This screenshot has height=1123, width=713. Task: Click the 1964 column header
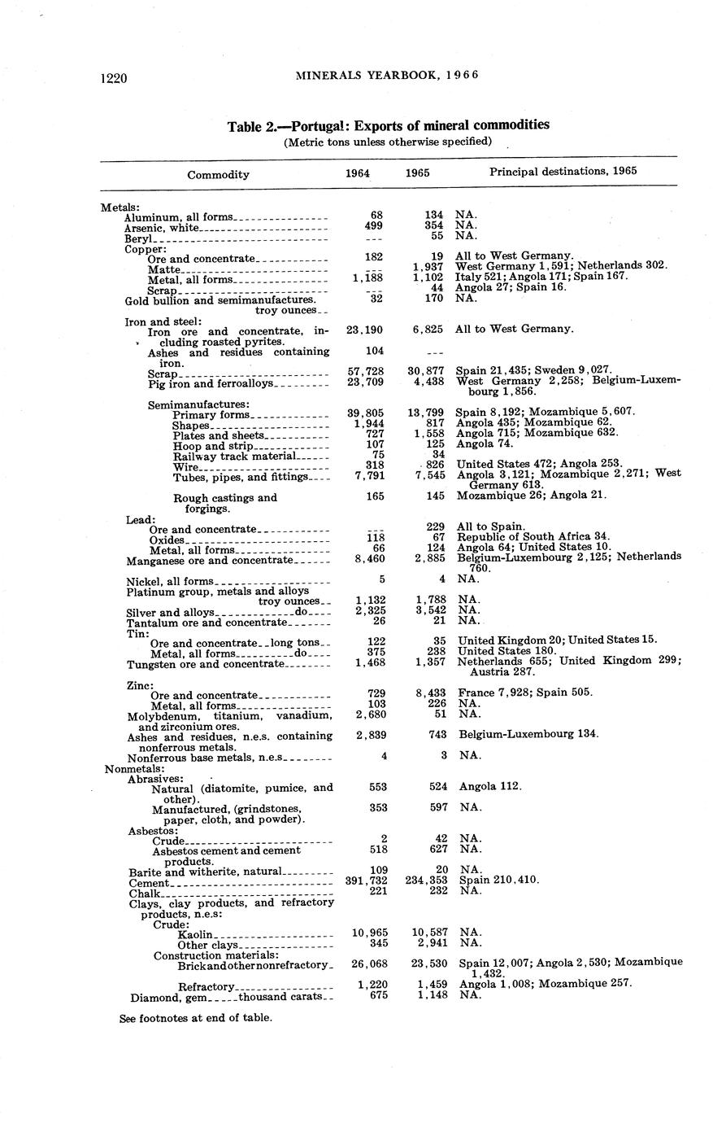[358, 173]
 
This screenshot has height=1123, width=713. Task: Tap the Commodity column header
[218, 174]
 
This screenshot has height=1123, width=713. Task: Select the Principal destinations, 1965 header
[563, 171]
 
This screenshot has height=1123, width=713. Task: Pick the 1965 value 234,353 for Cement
[426, 880]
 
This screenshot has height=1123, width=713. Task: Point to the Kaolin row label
[195, 933]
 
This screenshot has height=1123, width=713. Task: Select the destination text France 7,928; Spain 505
[525, 693]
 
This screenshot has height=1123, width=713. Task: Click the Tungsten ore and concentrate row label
[206, 664]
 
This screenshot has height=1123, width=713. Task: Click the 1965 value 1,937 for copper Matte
[428, 265]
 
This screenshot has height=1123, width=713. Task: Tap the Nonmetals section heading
[135, 768]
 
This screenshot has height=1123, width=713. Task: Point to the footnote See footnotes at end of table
[195, 1017]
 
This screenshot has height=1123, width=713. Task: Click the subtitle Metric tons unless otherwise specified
[388, 142]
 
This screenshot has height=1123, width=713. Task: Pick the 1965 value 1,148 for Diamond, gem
[431, 994]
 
